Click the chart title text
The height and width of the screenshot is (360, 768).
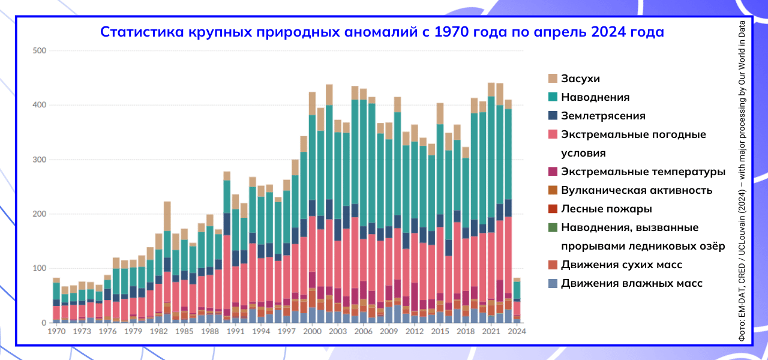point(382,32)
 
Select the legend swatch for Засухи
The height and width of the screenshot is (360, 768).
point(553,79)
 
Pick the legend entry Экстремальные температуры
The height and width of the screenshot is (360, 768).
point(643,172)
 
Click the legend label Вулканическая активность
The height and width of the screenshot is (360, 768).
point(637,190)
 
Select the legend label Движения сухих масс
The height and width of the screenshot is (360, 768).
point(630,265)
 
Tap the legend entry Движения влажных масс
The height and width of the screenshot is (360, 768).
point(632,283)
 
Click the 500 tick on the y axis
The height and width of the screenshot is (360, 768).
point(39,50)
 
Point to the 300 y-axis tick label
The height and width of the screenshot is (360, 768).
point(39,160)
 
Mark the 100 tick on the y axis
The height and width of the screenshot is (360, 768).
point(39,268)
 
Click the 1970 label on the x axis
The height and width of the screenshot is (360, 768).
point(56,331)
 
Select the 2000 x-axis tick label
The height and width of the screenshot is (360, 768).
point(312,331)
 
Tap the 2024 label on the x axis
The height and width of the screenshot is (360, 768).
point(517,331)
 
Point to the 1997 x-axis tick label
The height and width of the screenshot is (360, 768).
point(287,331)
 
